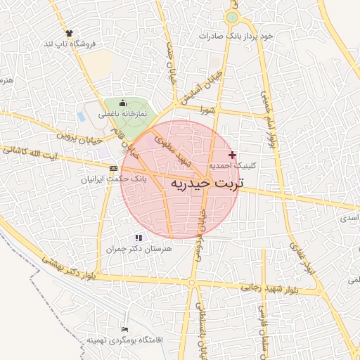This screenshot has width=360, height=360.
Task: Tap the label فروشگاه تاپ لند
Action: [x=69, y=44]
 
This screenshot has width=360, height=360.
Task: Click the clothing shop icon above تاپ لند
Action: [x=69, y=33]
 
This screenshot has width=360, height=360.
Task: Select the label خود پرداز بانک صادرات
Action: [x=236, y=35]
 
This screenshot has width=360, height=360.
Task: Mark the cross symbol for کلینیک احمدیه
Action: [x=233, y=154]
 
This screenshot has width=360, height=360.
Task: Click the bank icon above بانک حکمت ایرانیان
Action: [x=113, y=168]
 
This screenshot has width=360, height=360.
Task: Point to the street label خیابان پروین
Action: [x=76, y=132]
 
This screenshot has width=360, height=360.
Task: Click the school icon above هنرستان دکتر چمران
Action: [x=138, y=238]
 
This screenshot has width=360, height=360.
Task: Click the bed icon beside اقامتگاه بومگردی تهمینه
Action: [x=125, y=329]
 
